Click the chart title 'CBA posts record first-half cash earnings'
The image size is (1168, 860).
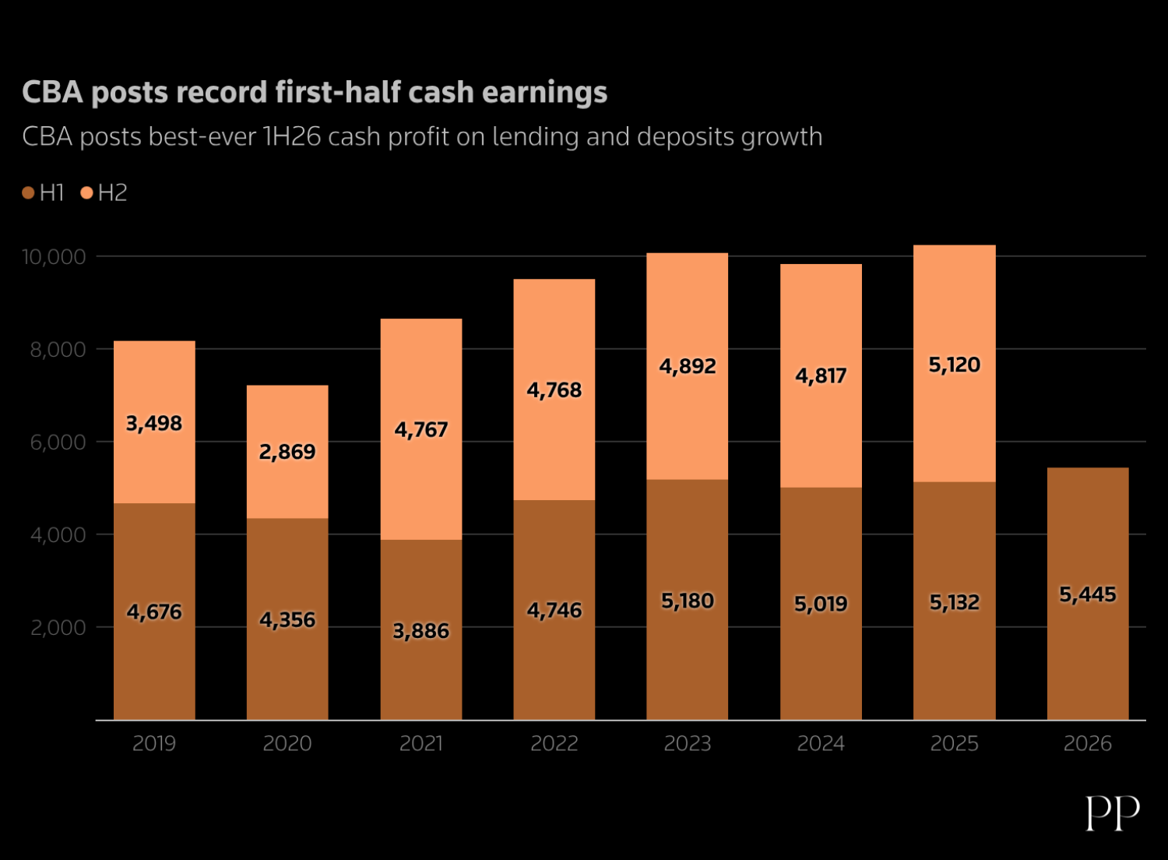click(x=315, y=92)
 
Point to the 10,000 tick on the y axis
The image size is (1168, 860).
click(x=54, y=257)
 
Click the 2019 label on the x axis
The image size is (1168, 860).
click(x=154, y=743)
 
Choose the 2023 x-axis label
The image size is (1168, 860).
click(x=688, y=743)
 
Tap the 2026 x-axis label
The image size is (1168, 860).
click(x=1088, y=743)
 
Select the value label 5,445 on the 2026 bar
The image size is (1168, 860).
click(x=1088, y=594)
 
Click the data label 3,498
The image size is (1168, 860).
click(x=154, y=423)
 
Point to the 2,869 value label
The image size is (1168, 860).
click(x=287, y=451)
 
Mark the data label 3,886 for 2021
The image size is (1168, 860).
click(x=421, y=630)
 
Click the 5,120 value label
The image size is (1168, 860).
click(x=955, y=365)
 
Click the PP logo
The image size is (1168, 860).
click(x=1113, y=812)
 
